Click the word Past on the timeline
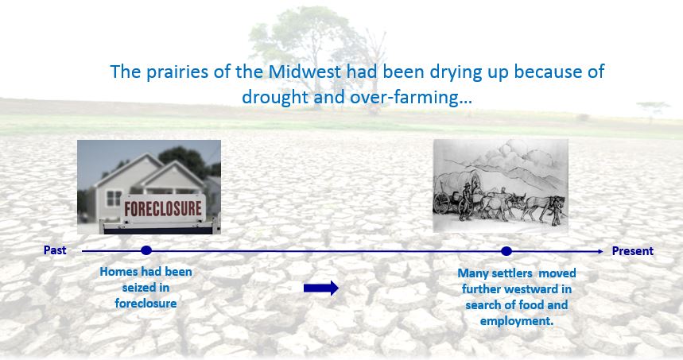[55, 250]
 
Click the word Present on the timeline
[632, 251]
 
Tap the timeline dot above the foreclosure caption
[146, 250]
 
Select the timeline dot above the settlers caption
[506, 251]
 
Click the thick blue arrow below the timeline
[321, 288]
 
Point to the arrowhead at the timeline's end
[600, 251]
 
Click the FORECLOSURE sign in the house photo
[163, 208]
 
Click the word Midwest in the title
[305, 72]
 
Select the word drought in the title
[275, 97]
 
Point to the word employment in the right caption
[517, 321]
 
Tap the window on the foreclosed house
[114, 199]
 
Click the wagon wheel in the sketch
[442, 203]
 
